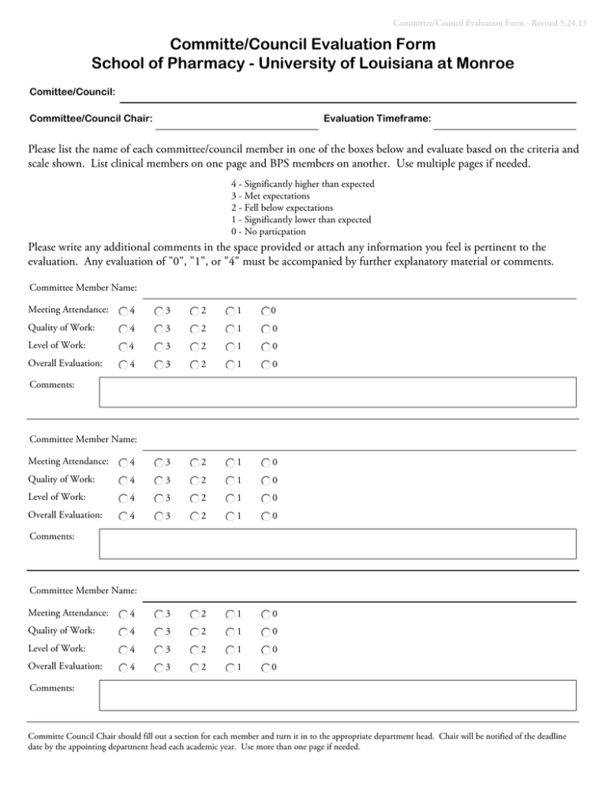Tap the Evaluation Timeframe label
click(377, 118)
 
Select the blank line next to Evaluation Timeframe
click(505, 122)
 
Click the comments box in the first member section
click(338, 391)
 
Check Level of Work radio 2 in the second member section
click(196, 498)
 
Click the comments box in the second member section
click(338, 543)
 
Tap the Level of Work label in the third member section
click(60, 649)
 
